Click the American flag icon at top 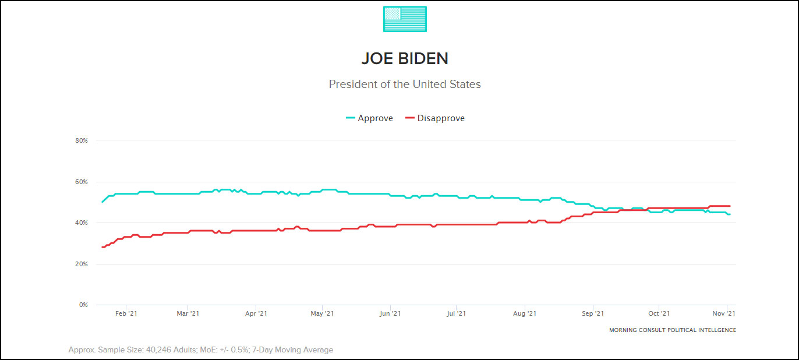pyautogui.click(x=405, y=19)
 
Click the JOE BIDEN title pyautogui.click(x=405, y=59)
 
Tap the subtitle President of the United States pyautogui.click(x=405, y=84)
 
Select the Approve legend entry pyautogui.click(x=370, y=118)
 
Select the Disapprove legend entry pyautogui.click(x=434, y=118)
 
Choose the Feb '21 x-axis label pyautogui.click(x=126, y=313)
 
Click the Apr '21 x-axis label pyautogui.click(x=256, y=313)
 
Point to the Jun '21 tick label pyautogui.click(x=390, y=313)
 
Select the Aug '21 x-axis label pyautogui.click(x=525, y=313)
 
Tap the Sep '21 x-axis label pyautogui.click(x=592, y=313)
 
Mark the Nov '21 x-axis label pyautogui.click(x=724, y=313)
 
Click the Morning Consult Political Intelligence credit pyautogui.click(x=672, y=330)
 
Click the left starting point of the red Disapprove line pyautogui.click(x=102, y=247)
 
